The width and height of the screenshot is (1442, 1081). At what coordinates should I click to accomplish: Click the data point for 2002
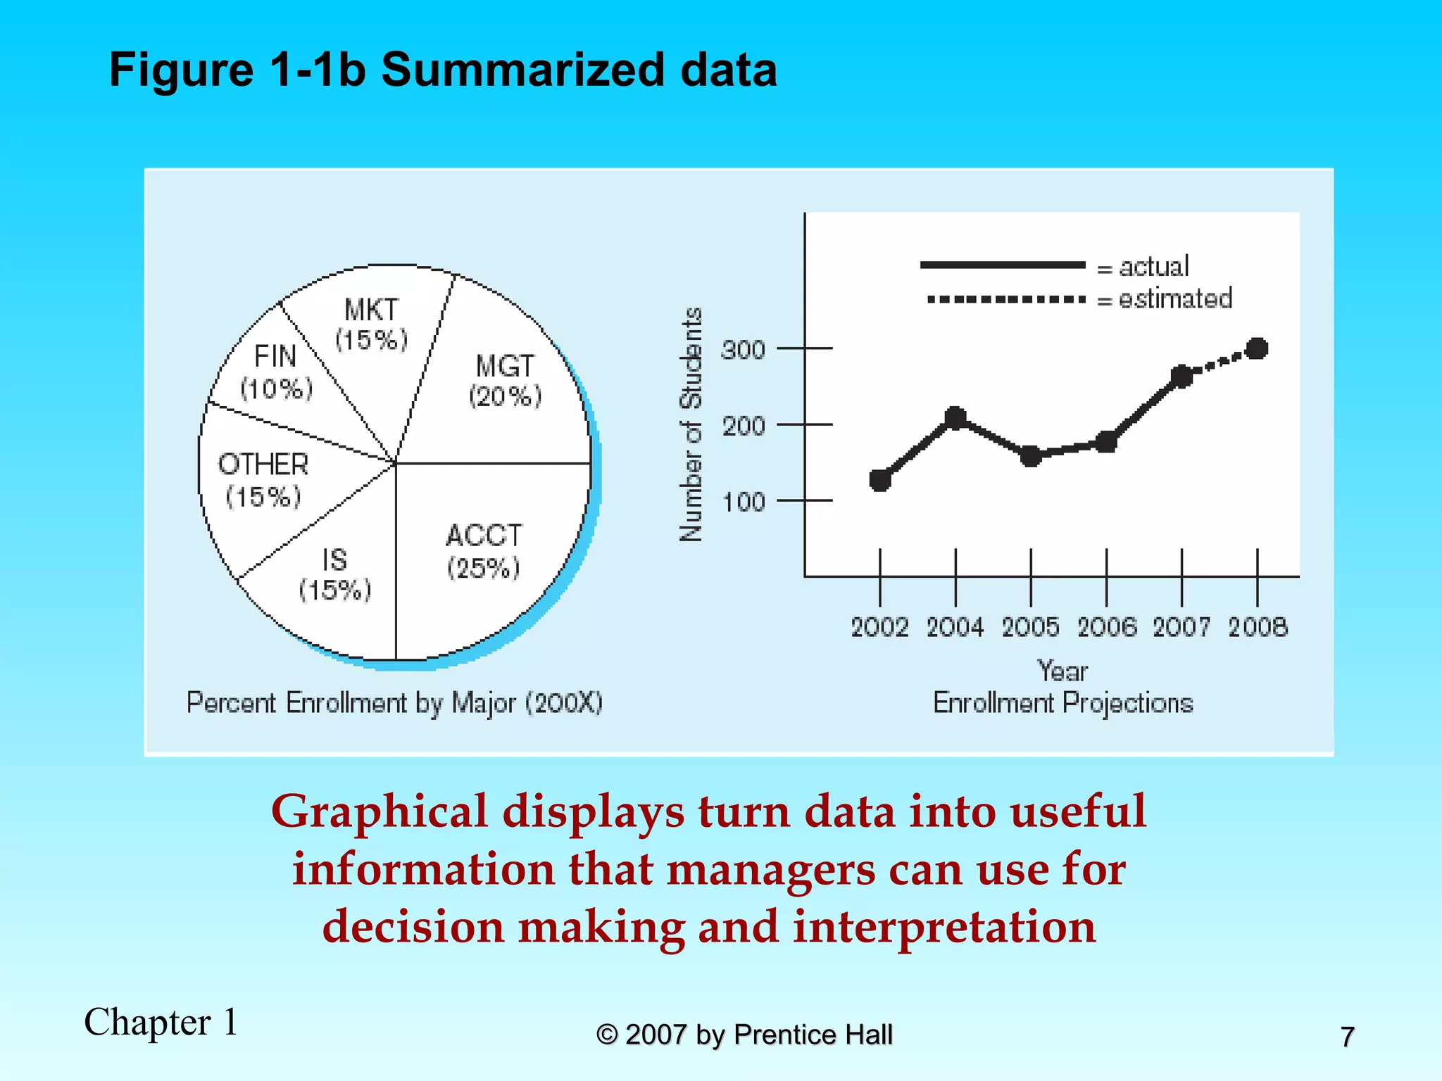880,480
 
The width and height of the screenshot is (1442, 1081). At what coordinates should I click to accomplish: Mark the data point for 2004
955,418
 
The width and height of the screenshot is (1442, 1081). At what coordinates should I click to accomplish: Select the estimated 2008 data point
1257,348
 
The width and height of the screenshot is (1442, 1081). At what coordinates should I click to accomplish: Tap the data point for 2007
1181,377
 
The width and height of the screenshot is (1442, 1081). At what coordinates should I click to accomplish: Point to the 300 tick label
743,350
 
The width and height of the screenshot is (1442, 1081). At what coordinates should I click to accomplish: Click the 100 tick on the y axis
805,500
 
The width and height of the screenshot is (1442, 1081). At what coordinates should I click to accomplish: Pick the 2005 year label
1030,626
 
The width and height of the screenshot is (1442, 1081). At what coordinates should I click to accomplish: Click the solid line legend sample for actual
1002,265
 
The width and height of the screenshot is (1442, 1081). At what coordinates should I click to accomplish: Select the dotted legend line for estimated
1005,299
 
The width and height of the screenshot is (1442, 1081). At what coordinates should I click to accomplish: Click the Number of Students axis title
691,424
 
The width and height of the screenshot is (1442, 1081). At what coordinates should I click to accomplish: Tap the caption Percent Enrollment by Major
394,703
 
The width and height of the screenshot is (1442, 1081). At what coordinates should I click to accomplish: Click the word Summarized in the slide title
522,70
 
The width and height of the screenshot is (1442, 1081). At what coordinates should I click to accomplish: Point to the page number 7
1347,1037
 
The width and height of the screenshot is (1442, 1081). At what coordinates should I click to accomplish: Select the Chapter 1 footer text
161,1022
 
